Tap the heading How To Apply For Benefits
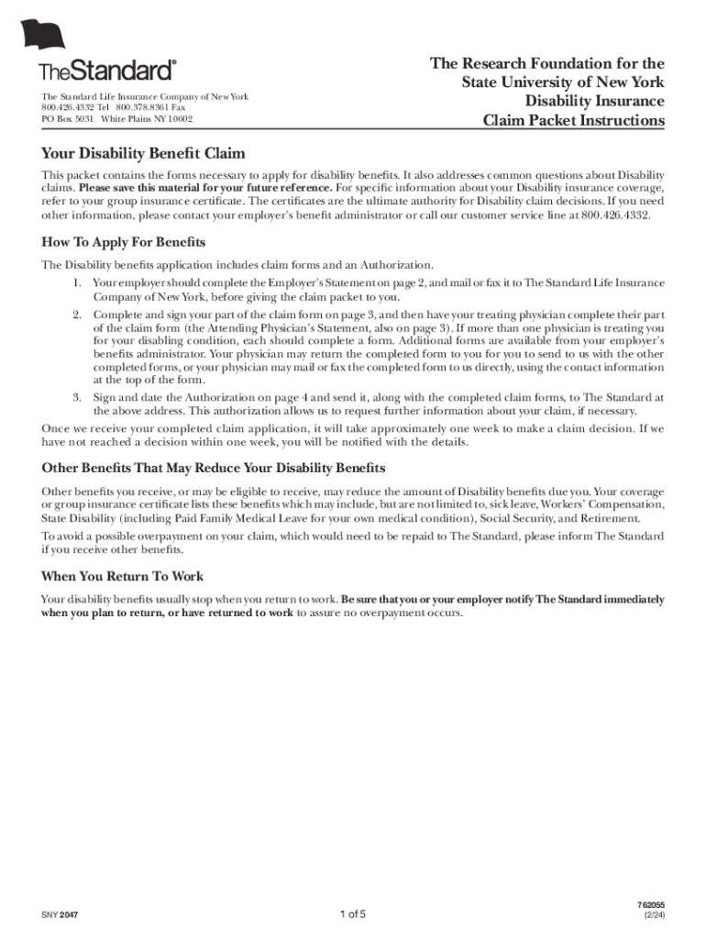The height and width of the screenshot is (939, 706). [x=124, y=242]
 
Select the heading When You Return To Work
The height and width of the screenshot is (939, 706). [x=123, y=576]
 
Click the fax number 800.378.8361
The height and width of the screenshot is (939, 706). [x=141, y=108]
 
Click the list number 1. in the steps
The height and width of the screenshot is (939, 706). [x=79, y=283]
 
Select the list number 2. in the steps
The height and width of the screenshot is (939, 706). [x=79, y=315]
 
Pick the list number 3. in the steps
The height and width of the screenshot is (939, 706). [x=79, y=397]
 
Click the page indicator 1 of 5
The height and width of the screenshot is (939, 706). [x=353, y=914]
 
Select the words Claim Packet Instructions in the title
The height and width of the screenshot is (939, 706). [x=573, y=121]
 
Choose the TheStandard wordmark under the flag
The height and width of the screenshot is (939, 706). [x=107, y=71]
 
